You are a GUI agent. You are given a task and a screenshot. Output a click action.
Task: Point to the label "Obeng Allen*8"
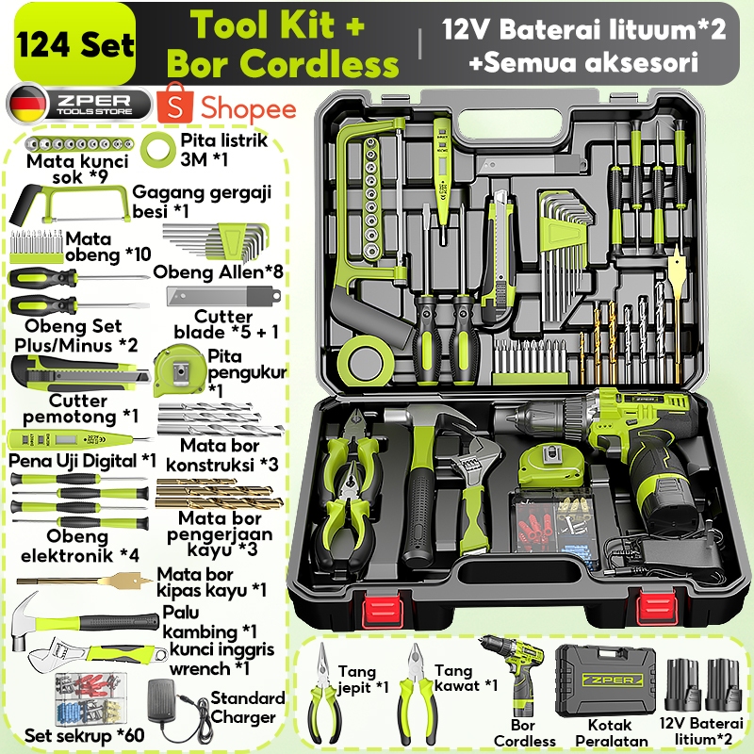pos(219,271)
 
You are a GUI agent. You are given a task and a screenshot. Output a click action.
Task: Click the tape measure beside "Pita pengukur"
pos(179,368)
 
